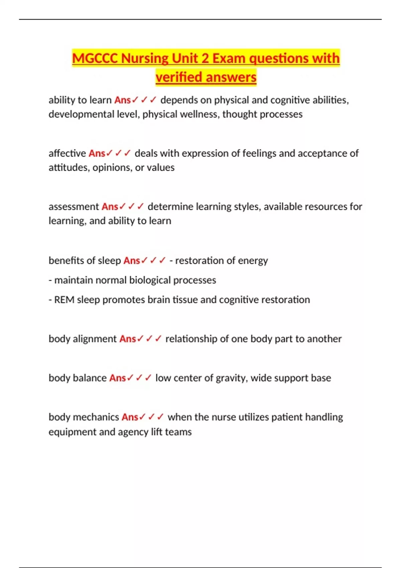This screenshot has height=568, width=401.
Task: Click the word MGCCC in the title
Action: pos(95,58)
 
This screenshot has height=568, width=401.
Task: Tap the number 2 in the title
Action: pos(205,58)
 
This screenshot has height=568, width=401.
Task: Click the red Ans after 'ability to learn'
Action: pos(122,100)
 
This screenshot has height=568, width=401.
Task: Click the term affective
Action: pos(67,153)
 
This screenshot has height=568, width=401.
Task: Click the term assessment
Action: pos(74,206)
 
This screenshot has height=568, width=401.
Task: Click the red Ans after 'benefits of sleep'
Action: pos(132,260)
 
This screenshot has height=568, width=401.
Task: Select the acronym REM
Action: pos(64,300)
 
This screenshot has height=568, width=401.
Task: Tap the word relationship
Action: pos(191,339)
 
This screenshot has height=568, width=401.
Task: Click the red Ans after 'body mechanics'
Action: pos(130,417)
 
